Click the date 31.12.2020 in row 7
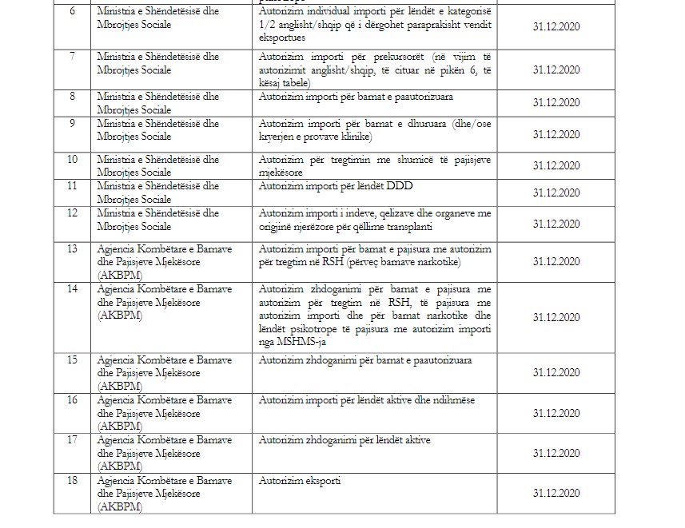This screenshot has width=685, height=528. tap(556, 69)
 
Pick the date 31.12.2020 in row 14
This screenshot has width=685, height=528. tap(556, 317)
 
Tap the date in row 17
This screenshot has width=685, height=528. tap(556, 452)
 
